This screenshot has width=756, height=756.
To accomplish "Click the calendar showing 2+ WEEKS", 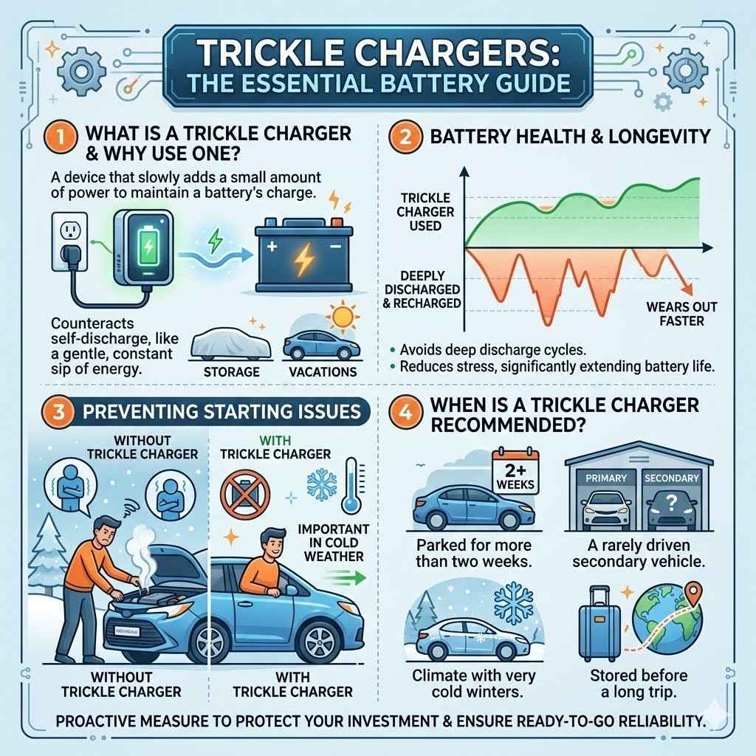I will (x=516, y=472).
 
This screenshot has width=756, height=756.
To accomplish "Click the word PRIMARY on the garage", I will (x=606, y=478).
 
